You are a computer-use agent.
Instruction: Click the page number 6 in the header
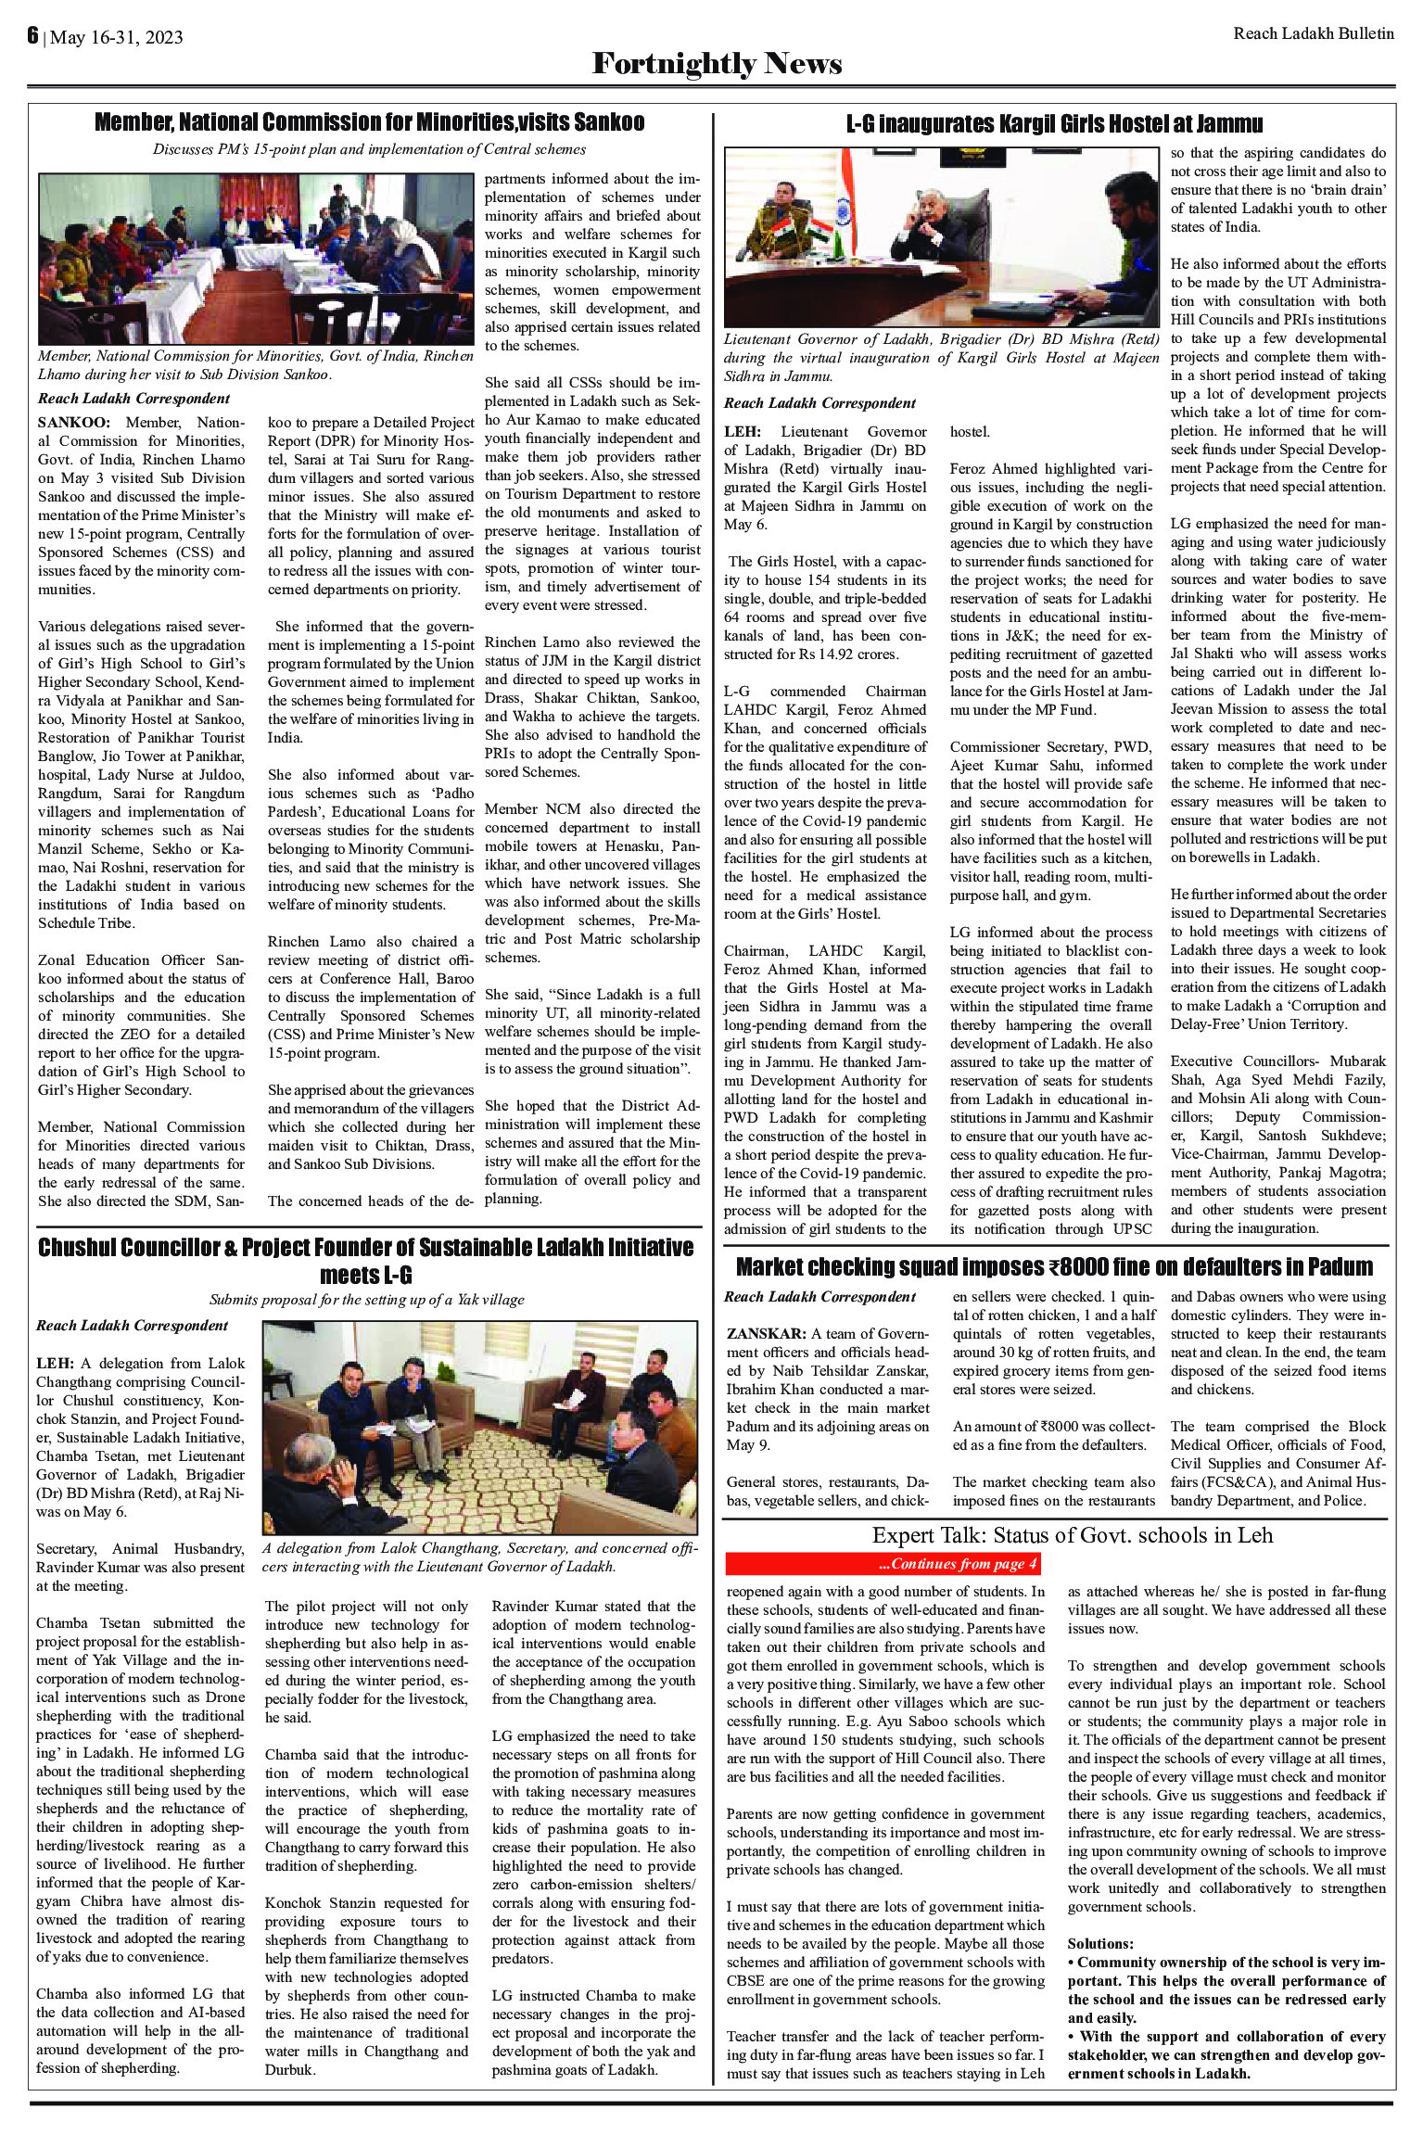pyautogui.click(x=32, y=36)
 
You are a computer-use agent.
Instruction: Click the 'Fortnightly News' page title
pyautogui.click(x=717, y=64)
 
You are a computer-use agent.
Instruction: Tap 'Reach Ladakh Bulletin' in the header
pyautogui.click(x=1313, y=34)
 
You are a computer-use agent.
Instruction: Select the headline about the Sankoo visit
pyautogui.click(x=369, y=123)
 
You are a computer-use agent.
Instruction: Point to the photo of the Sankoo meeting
pyautogui.click(x=256, y=259)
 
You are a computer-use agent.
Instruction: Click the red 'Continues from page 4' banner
pyautogui.click(x=883, y=1565)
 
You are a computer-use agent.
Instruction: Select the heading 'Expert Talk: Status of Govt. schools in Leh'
pyautogui.click(x=1072, y=1535)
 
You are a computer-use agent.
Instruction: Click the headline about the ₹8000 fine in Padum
pyautogui.click(x=1054, y=1266)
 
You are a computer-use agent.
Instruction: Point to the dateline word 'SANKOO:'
pyautogui.click(x=70, y=422)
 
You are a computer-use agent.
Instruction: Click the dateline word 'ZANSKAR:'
pyautogui.click(x=766, y=1334)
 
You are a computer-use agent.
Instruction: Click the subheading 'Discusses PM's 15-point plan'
pyautogui.click(x=369, y=149)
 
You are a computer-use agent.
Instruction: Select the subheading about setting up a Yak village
pyautogui.click(x=367, y=1300)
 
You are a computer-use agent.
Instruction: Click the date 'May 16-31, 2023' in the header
pyautogui.click(x=117, y=38)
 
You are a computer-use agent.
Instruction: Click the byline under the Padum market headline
pyautogui.click(x=819, y=1297)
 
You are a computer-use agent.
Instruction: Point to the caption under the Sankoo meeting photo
pyautogui.click(x=256, y=365)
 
